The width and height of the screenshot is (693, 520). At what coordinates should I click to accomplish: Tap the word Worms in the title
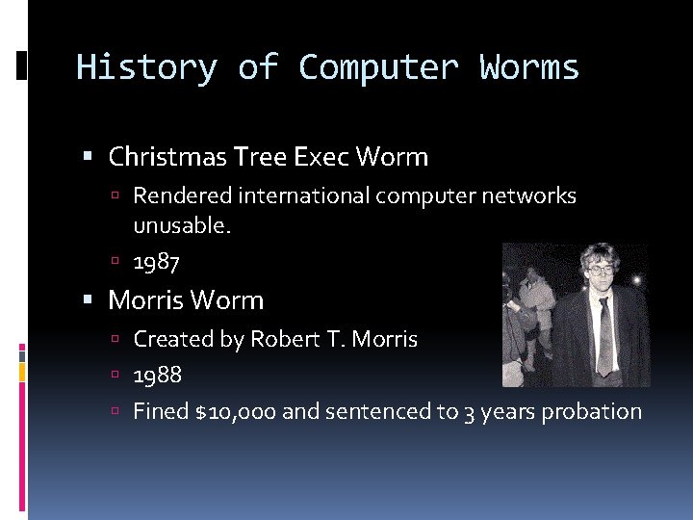tap(529, 68)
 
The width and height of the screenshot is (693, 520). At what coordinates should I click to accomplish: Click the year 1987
tap(157, 261)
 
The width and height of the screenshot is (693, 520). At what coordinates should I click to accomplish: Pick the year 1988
tap(157, 375)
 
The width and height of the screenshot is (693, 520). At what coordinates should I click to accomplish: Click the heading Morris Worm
tap(186, 300)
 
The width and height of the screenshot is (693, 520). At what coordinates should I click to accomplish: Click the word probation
tap(591, 412)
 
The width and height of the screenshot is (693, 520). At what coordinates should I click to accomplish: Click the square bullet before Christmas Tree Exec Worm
tap(89, 157)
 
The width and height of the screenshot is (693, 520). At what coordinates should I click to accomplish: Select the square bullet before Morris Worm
tap(89, 300)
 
